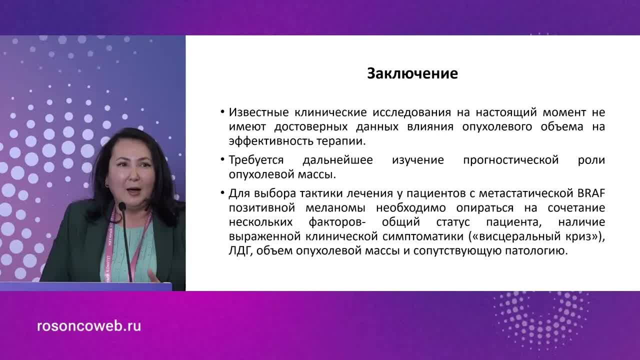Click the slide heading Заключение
412,74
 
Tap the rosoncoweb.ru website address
89,326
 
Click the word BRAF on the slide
591,193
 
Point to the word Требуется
256,160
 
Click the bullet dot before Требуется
222,159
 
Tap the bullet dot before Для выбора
222,193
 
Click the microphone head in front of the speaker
121,206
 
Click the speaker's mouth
130,190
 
